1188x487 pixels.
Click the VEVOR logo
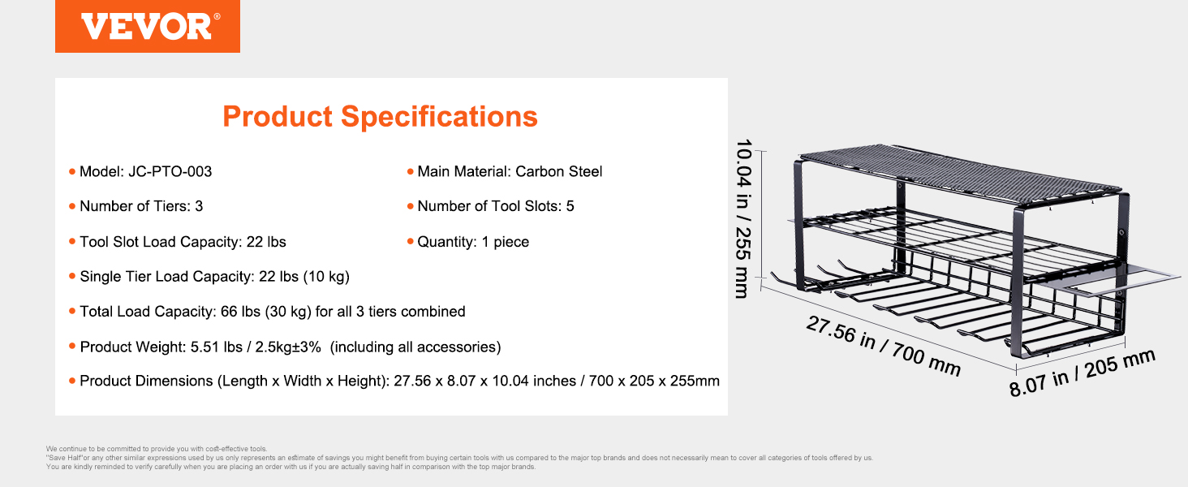[x=148, y=26]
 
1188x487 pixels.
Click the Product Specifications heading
[x=380, y=116]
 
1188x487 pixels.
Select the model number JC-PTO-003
[x=170, y=171]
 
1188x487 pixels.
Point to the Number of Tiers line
[x=141, y=206]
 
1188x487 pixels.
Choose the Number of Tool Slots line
[x=495, y=206]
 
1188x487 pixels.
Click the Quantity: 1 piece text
[x=473, y=241]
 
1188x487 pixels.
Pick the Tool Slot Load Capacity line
[x=183, y=241]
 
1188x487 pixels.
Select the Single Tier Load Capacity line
[x=214, y=277]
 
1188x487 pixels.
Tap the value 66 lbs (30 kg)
[x=265, y=312]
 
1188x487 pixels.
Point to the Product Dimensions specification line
[x=399, y=381]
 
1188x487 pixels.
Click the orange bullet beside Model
[x=72, y=171]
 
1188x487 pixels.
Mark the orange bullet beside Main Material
[x=410, y=171]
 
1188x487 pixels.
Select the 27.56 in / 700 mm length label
[x=883, y=345]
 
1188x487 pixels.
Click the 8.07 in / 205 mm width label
[x=1082, y=373]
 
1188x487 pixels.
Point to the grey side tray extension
[x=1103, y=279]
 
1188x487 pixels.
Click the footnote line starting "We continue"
[x=157, y=449]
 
